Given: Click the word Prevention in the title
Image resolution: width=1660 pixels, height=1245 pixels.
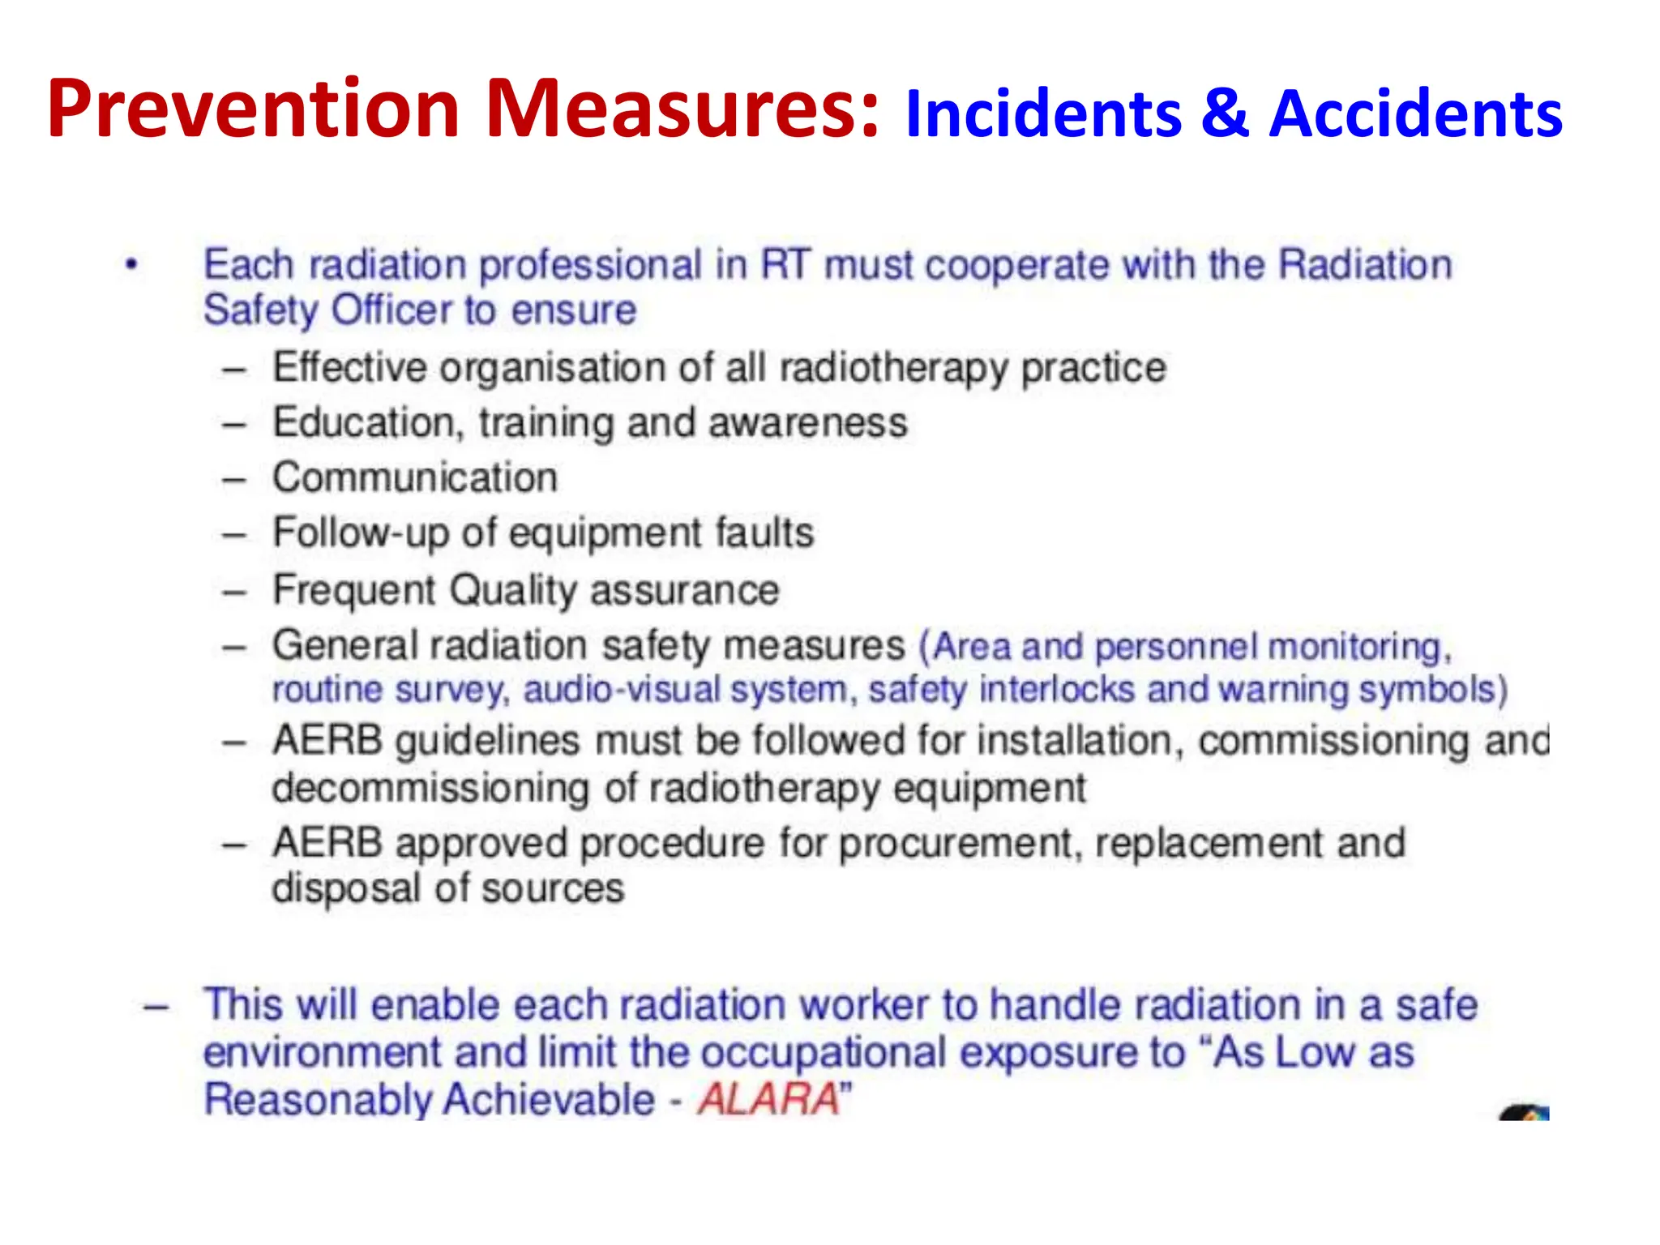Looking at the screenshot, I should click(x=253, y=109).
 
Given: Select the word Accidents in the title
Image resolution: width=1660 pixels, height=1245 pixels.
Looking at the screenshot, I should click(x=1415, y=113).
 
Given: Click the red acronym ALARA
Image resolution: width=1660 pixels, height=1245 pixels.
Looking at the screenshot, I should click(x=768, y=1100).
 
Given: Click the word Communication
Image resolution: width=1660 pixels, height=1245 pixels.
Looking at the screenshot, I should click(x=415, y=477).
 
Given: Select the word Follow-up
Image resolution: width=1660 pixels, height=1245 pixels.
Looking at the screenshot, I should click(x=360, y=533).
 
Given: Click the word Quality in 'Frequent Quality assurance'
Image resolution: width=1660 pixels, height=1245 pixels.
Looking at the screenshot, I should click(x=512, y=590).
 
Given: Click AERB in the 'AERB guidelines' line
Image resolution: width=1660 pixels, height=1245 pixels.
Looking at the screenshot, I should click(x=327, y=741).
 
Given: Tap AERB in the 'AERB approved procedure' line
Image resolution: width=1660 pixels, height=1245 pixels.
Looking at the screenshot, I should click(x=327, y=843).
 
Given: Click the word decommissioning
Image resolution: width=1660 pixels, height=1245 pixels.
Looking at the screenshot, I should click(x=430, y=788).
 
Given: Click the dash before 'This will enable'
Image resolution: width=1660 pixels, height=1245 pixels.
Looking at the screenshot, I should click(x=156, y=1008).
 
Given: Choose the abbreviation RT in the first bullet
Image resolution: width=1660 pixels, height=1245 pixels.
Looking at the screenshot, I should click(x=785, y=265).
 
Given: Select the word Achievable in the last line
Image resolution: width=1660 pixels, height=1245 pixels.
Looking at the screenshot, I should click(x=550, y=1100).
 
